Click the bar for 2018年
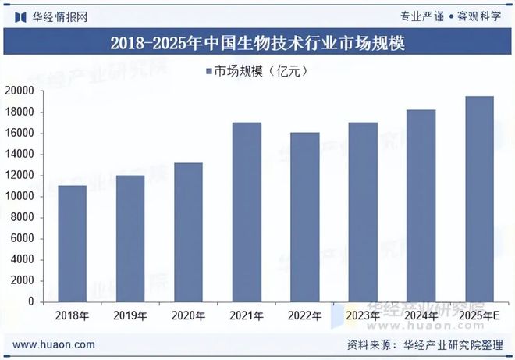pyautogui.click(x=73, y=244)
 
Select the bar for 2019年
pyautogui.click(x=131, y=238)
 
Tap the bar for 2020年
pyautogui.click(x=190, y=232)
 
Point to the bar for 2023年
pyautogui.click(x=364, y=212)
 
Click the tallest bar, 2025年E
pyautogui.click(x=479, y=198)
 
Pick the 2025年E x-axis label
pyautogui.click(x=480, y=316)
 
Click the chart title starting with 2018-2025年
pyautogui.click(x=257, y=43)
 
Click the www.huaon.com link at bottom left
pyautogui.click(x=55, y=344)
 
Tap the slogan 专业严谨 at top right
pyautogui.click(x=421, y=16)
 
